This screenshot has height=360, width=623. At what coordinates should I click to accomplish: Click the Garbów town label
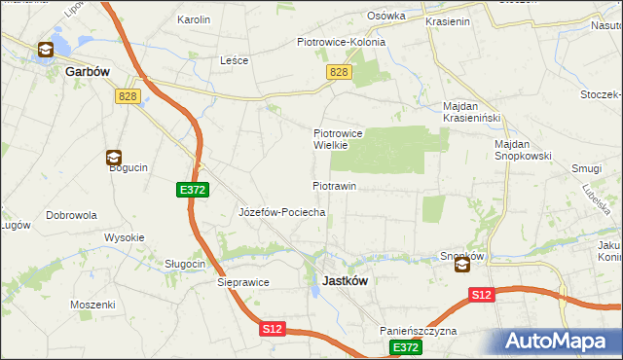[85, 72]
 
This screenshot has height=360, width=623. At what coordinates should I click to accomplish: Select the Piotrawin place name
[334, 185]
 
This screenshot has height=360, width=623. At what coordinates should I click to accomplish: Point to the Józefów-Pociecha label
[281, 211]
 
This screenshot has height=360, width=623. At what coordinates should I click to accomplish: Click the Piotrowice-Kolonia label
[341, 42]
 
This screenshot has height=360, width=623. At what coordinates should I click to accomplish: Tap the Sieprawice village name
[242, 283]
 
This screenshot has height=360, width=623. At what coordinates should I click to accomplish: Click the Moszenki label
[92, 305]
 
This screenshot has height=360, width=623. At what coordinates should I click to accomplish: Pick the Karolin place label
[194, 19]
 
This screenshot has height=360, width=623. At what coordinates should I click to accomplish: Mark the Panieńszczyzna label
[419, 331]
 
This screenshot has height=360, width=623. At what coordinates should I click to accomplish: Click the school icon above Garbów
[46, 51]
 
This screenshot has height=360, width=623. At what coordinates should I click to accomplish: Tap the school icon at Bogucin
[114, 157]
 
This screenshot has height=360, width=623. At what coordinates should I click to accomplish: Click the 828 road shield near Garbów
[127, 95]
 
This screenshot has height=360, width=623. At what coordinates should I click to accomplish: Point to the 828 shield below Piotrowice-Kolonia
[339, 72]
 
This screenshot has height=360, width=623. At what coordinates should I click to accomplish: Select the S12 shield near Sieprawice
[273, 330]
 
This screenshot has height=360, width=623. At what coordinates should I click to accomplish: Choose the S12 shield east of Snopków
[481, 293]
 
